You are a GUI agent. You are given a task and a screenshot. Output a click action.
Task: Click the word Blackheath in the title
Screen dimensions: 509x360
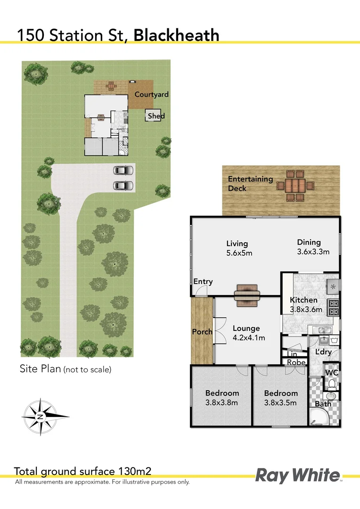[x=177, y=35]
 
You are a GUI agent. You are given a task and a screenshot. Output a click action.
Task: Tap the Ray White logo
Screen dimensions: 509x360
[x=297, y=475]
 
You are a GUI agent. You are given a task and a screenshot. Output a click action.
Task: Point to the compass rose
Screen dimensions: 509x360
[x=41, y=416]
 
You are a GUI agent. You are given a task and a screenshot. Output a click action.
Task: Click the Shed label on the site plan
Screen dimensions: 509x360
[x=156, y=116]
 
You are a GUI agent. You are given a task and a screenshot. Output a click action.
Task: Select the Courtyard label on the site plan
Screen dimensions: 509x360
[x=151, y=94]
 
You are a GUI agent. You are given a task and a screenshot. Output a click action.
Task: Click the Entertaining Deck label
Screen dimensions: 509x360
[x=250, y=184]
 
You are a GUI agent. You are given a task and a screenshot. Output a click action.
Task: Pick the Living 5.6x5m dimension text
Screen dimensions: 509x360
[x=239, y=248]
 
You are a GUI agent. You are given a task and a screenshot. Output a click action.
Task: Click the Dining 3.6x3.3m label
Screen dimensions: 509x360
[x=312, y=247]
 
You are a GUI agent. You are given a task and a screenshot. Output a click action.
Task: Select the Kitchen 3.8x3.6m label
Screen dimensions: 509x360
[x=306, y=305]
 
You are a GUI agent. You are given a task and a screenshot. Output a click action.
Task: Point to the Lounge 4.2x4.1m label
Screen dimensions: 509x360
[x=249, y=333]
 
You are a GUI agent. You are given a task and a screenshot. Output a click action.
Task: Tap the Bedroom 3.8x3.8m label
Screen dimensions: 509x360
[x=222, y=397]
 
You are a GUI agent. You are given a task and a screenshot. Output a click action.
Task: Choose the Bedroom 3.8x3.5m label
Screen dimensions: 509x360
[x=281, y=398]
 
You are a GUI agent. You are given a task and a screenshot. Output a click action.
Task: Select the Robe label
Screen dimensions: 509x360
[x=296, y=362]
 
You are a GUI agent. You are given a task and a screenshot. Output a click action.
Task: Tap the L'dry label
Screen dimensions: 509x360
[x=324, y=352]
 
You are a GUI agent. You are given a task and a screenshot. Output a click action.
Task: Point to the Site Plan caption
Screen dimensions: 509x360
[x=65, y=369]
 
